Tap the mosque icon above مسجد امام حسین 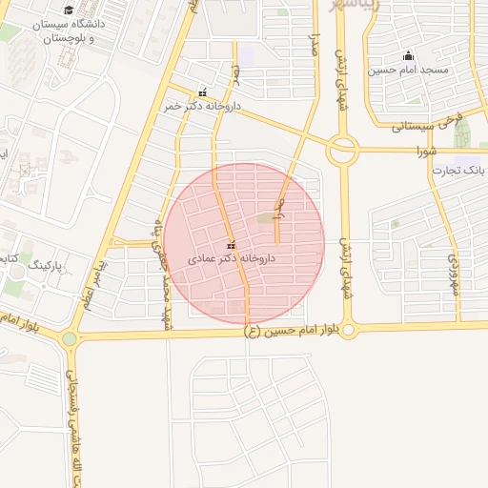tap(409, 55)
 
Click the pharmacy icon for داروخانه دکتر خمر tap(202, 93)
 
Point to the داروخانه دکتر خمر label tap(197, 107)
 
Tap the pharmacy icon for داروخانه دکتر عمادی tap(231, 245)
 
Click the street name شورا tap(426, 152)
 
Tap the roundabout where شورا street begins tap(342, 150)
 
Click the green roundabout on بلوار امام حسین tap(69, 338)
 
